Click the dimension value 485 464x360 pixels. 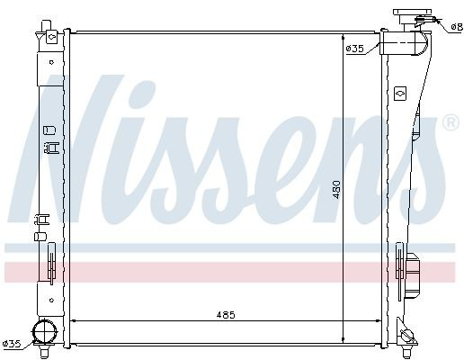pyautogui.click(x=226, y=315)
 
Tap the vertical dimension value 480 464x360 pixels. pyautogui.click(x=336, y=190)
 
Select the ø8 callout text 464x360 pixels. pyautogui.click(x=457, y=28)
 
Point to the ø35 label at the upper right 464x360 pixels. pyautogui.click(x=354, y=49)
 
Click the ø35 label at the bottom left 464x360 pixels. pyautogui.click(x=12, y=344)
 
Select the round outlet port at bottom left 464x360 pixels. pyautogui.click(x=45, y=331)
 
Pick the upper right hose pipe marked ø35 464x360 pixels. pyautogui.click(x=404, y=43)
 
